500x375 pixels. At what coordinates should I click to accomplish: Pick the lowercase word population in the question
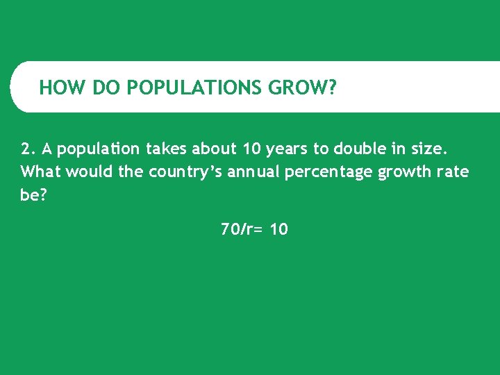click(99, 149)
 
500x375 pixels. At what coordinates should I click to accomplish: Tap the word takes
click(167, 149)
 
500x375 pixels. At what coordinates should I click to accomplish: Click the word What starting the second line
click(41, 172)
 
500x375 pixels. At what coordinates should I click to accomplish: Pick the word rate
click(453, 172)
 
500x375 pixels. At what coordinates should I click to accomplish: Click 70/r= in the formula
click(242, 229)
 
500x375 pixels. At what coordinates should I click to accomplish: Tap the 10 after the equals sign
click(278, 229)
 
